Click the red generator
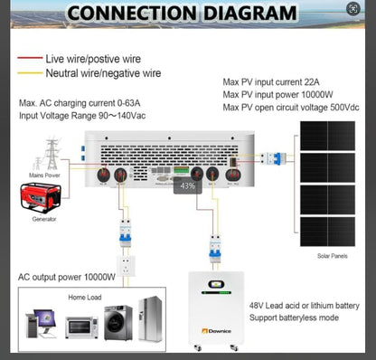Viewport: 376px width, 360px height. [x=40, y=195]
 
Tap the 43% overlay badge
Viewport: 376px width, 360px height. [x=188, y=186]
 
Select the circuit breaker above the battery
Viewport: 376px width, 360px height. [x=214, y=247]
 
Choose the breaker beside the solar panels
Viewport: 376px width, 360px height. [x=272, y=159]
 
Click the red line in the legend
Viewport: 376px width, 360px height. [x=26, y=57]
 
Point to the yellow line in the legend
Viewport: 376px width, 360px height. [x=26, y=71]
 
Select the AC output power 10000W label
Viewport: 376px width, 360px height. [x=67, y=277]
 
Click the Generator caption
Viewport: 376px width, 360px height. [x=42, y=220]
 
